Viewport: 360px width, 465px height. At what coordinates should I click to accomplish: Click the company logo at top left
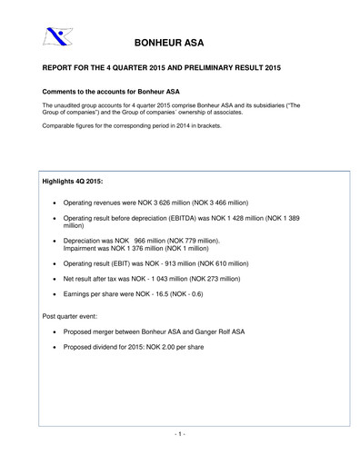(x=57, y=36)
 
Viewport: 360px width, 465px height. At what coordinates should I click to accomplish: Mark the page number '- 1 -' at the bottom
(x=179, y=434)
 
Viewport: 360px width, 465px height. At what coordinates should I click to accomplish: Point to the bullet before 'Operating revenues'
(x=58, y=202)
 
